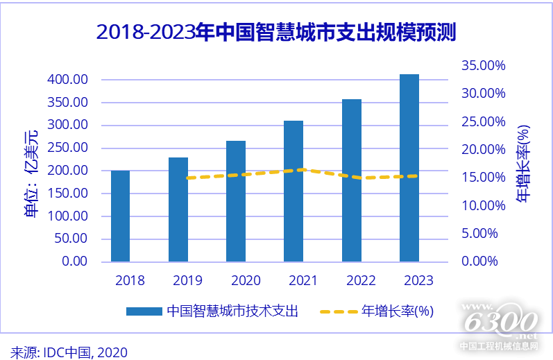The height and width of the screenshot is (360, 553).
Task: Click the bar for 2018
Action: [120, 216]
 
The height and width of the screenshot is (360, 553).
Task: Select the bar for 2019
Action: [178, 209]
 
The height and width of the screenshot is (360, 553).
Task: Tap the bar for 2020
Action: [235, 201]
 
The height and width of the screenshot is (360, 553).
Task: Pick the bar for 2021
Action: [293, 191]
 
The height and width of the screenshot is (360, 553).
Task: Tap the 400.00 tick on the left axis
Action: [67, 80]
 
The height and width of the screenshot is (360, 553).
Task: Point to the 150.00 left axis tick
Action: [67, 193]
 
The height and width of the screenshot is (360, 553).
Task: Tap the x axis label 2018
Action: [130, 280]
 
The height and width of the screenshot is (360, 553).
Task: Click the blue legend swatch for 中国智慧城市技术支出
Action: [144, 311]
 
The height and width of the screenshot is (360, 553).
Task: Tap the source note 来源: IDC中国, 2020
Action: [69, 351]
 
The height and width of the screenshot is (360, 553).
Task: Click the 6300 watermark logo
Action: [499, 323]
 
